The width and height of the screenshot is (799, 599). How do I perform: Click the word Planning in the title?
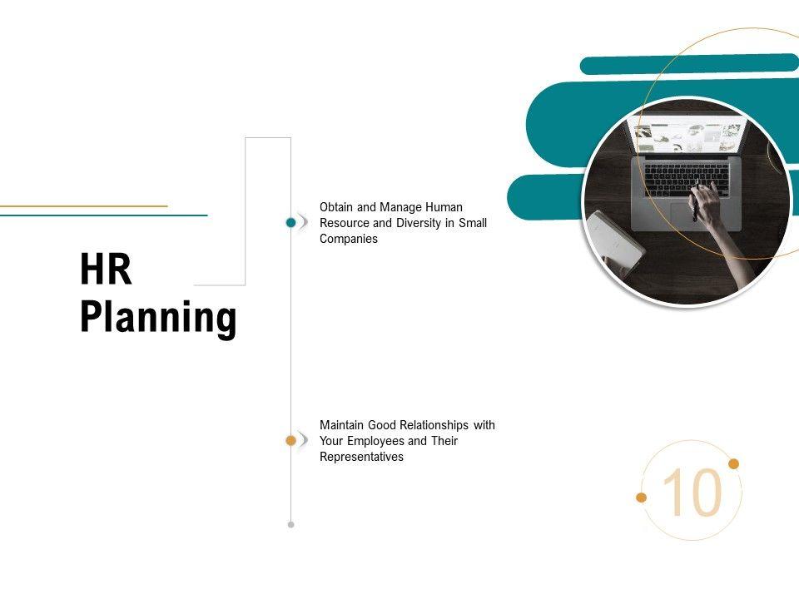(158, 319)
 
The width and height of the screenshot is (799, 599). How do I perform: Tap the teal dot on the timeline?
(290, 222)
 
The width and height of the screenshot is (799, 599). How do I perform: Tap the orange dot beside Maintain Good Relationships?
(290, 441)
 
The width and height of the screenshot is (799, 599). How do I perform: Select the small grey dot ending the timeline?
(290, 525)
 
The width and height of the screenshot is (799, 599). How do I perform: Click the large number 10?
(692, 493)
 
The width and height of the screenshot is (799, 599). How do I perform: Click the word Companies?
(349, 239)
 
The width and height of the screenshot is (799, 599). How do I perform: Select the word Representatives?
(361, 457)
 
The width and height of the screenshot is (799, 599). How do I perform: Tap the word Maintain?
(342, 425)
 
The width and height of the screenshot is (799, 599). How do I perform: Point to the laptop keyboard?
(687, 179)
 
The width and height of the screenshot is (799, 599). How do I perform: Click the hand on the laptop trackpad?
(707, 204)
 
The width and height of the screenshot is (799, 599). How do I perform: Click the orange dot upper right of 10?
(734, 463)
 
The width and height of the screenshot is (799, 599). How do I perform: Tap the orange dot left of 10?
(642, 498)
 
